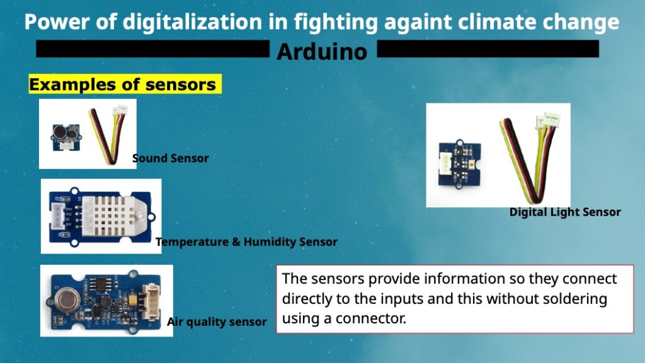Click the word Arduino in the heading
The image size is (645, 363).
(322, 52)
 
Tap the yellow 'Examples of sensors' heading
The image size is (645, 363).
(125, 84)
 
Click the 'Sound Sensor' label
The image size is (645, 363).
(170, 158)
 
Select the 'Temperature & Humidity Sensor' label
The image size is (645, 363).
(246, 241)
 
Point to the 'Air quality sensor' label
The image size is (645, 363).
(217, 321)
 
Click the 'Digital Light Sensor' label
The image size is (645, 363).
(565, 212)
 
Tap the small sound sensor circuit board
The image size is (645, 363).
(66, 137)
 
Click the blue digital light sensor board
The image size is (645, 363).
(459, 164)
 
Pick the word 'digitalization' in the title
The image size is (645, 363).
(192, 22)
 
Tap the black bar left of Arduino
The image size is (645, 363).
(152, 49)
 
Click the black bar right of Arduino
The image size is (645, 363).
(488, 49)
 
